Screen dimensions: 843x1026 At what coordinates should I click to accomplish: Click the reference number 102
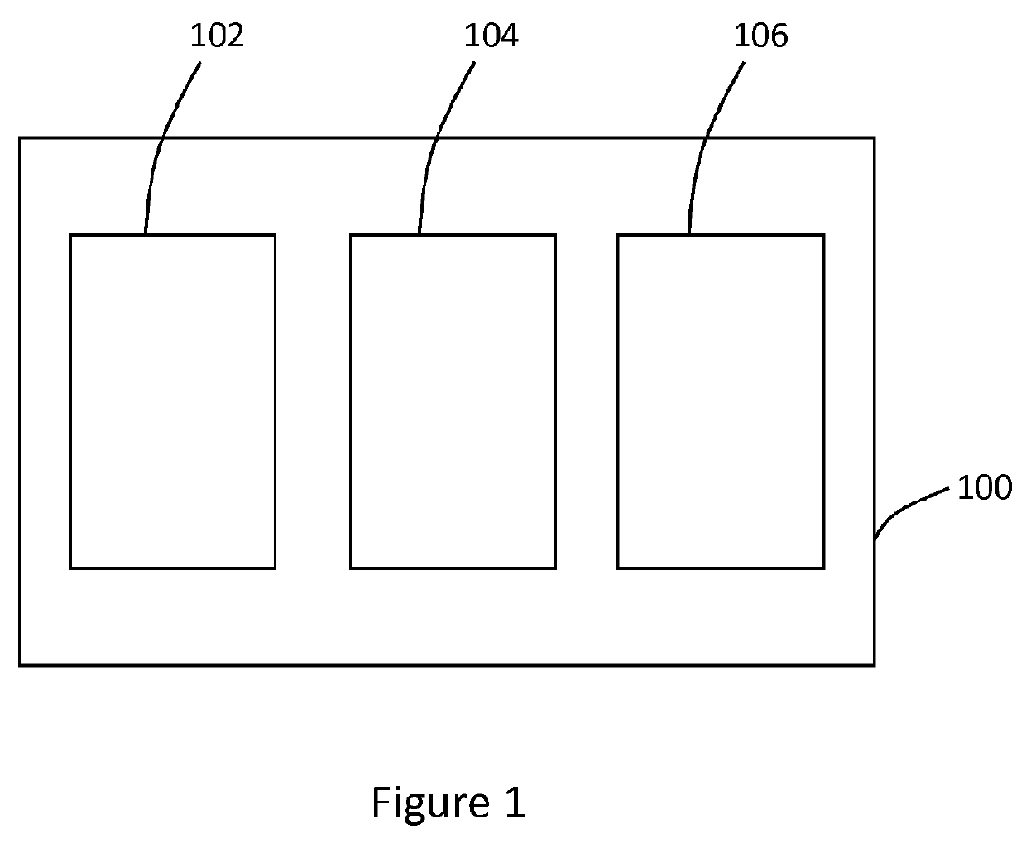pyautogui.click(x=218, y=36)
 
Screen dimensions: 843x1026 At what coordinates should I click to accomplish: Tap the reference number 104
pyautogui.click(x=491, y=36)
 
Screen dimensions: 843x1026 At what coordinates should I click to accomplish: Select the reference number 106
pyautogui.click(x=761, y=36)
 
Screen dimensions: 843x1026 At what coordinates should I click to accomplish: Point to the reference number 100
pyautogui.click(x=984, y=488)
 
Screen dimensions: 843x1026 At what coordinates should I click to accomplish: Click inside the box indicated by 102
pyautogui.click(x=172, y=401)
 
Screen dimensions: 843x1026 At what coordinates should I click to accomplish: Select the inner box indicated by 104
pyautogui.click(x=453, y=401)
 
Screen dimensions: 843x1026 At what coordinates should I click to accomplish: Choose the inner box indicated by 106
pyautogui.click(x=721, y=401)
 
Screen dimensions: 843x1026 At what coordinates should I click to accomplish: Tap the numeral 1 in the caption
pyautogui.click(x=514, y=802)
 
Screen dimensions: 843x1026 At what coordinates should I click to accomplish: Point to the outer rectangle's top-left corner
pyautogui.click(x=20, y=138)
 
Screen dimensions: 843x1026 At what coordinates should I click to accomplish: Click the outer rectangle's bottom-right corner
pyautogui.click(x=874, y=664)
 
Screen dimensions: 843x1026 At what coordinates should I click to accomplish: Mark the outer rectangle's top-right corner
pyautogui.click(x=874, y=138)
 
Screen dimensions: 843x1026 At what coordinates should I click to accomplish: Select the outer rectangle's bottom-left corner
pyautogui.click(x=20, y=664)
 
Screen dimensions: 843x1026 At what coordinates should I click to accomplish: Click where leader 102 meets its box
pyautogui.click(x=146, y=235)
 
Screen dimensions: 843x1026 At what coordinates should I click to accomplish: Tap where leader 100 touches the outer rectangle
pyautogui.click(x=875, y=539)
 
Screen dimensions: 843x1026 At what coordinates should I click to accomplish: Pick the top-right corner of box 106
pyautogui.click(x=823, y=236)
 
